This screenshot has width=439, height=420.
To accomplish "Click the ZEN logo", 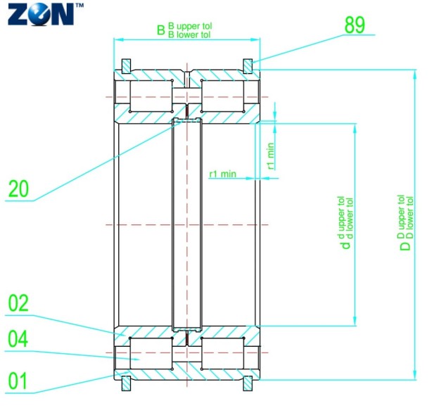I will coord(41,14).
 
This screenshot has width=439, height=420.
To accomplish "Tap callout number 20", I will coord(18,189).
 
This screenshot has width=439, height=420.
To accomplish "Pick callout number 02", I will coord(18,304).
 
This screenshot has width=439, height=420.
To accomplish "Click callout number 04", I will coord(18,340).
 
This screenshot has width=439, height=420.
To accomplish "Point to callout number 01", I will coord(18,381).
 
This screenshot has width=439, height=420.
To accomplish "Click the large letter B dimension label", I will coord(161,30).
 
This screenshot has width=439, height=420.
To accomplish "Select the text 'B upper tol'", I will coord(190,26).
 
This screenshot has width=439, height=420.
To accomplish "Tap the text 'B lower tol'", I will coord(190,34).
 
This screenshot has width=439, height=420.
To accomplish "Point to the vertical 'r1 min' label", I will coord(270,155).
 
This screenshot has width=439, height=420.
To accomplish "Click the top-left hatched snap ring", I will coord(126,65).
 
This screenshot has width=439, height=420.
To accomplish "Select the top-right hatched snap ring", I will coord(248,65).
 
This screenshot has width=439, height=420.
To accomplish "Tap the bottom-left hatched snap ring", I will coord(126,383).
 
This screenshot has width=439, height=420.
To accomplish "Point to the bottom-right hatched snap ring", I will coord(248,383).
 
